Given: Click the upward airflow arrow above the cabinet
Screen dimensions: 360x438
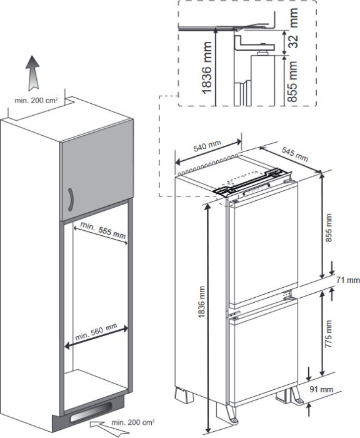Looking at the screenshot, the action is click(32, 73).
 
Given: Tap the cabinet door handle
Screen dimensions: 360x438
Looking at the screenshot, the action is click(71, 200).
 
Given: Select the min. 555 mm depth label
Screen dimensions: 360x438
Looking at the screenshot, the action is click(103, 230).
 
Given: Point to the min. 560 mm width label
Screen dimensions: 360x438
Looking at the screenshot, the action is click(96, 332).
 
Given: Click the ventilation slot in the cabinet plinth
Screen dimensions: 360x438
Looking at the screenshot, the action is click(91, 412).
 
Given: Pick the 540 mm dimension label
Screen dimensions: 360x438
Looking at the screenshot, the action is click(207, 146).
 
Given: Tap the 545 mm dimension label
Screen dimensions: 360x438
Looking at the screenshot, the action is click(295, 154).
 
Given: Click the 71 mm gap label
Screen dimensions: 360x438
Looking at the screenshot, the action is click(347, 280).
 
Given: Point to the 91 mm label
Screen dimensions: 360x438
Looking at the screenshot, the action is click(321, 389).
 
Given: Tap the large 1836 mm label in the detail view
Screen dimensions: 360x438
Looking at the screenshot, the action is click(207, 68).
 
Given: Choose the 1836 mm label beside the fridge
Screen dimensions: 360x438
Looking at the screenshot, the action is click(201, 302).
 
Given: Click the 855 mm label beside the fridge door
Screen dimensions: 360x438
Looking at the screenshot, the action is click(329, 228).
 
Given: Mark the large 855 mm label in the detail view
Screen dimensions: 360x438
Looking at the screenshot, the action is click(292, 81).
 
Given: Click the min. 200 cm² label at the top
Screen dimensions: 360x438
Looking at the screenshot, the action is click(36, 101).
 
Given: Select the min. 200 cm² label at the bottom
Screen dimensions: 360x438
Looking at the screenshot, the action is click(133, 422).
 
